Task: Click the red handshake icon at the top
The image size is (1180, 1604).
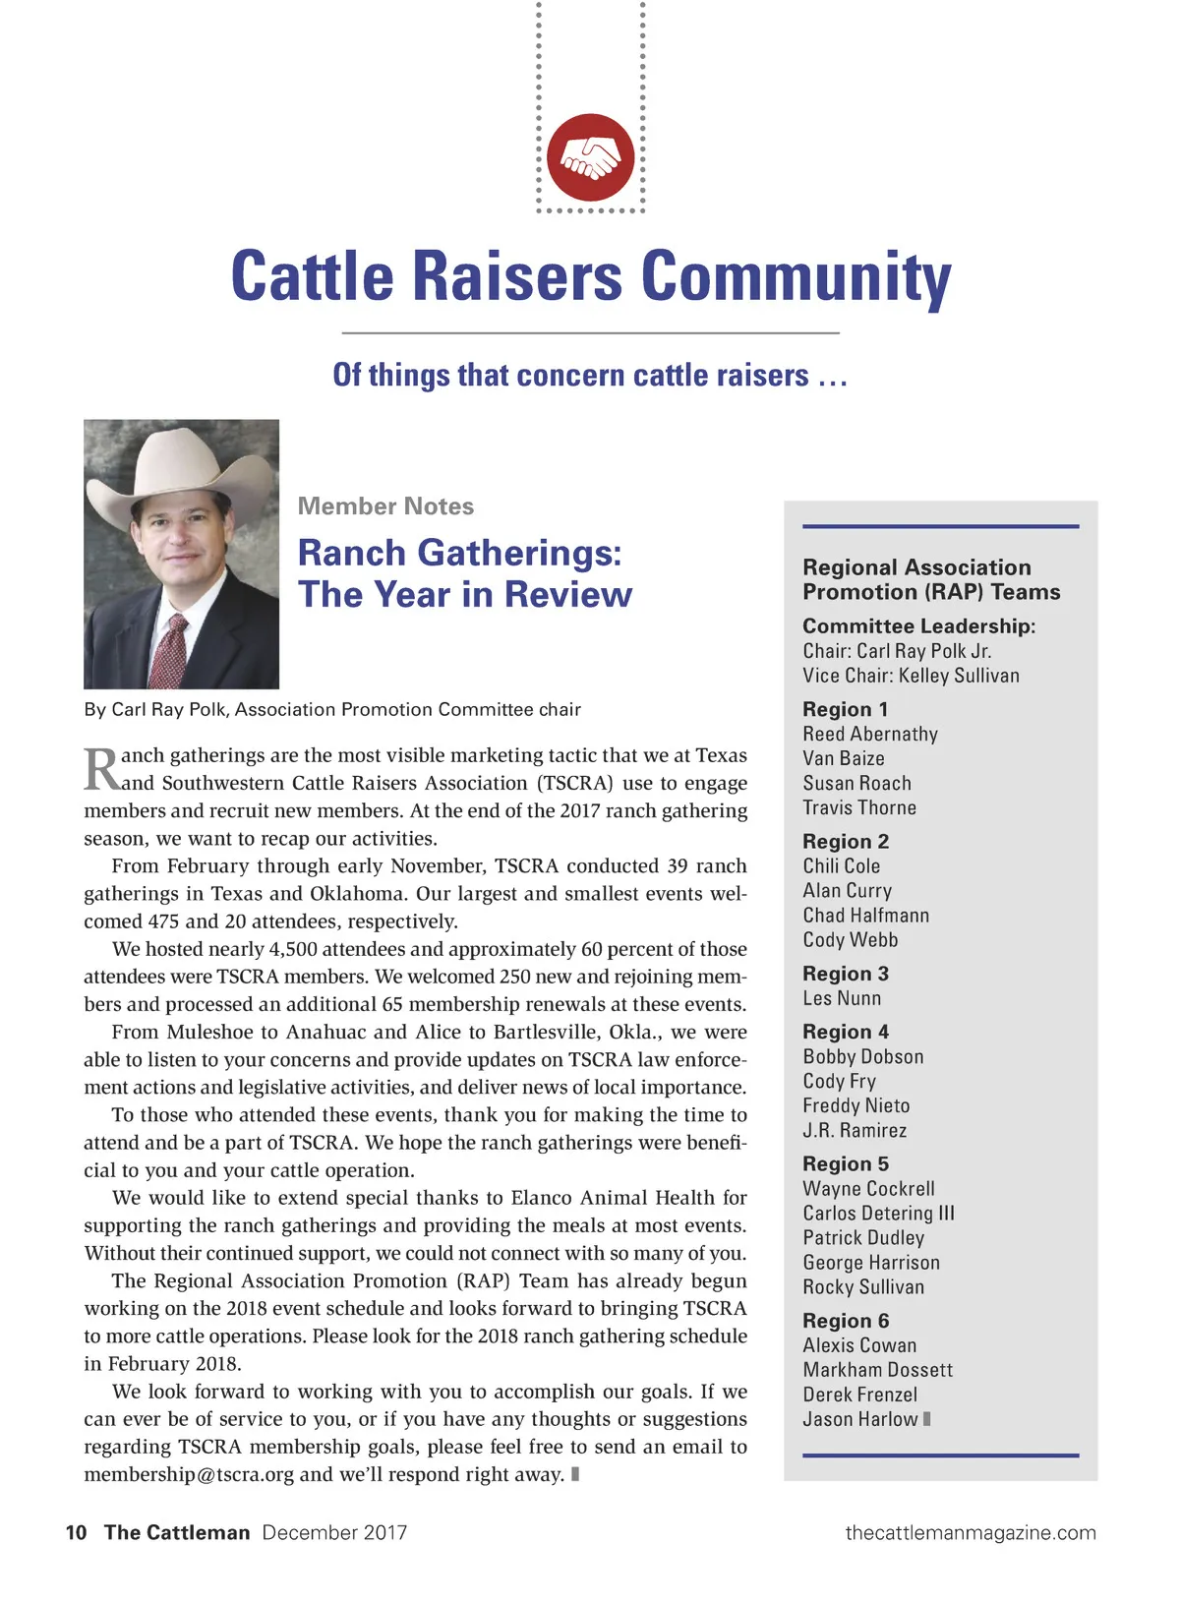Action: point(590,157)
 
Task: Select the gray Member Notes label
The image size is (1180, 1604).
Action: point(385,506)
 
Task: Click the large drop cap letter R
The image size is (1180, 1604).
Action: point(101,769)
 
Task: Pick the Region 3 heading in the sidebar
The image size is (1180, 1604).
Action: point(845,974)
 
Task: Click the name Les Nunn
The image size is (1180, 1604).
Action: point(842,998)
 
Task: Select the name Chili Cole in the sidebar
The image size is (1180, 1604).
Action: point(841,866)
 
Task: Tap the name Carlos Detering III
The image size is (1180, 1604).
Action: point(878,1214)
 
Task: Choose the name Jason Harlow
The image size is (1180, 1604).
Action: point(859,1419)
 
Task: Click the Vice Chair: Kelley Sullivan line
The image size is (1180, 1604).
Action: point(911,676)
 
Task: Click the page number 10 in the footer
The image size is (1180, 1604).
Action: point(76,1532)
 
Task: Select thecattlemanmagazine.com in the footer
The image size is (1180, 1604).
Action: point(970,1532)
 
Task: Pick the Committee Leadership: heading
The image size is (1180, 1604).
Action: point(918,626)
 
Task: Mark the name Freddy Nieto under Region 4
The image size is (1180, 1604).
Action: point(855,1106)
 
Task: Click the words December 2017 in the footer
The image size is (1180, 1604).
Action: point(334,1532)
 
